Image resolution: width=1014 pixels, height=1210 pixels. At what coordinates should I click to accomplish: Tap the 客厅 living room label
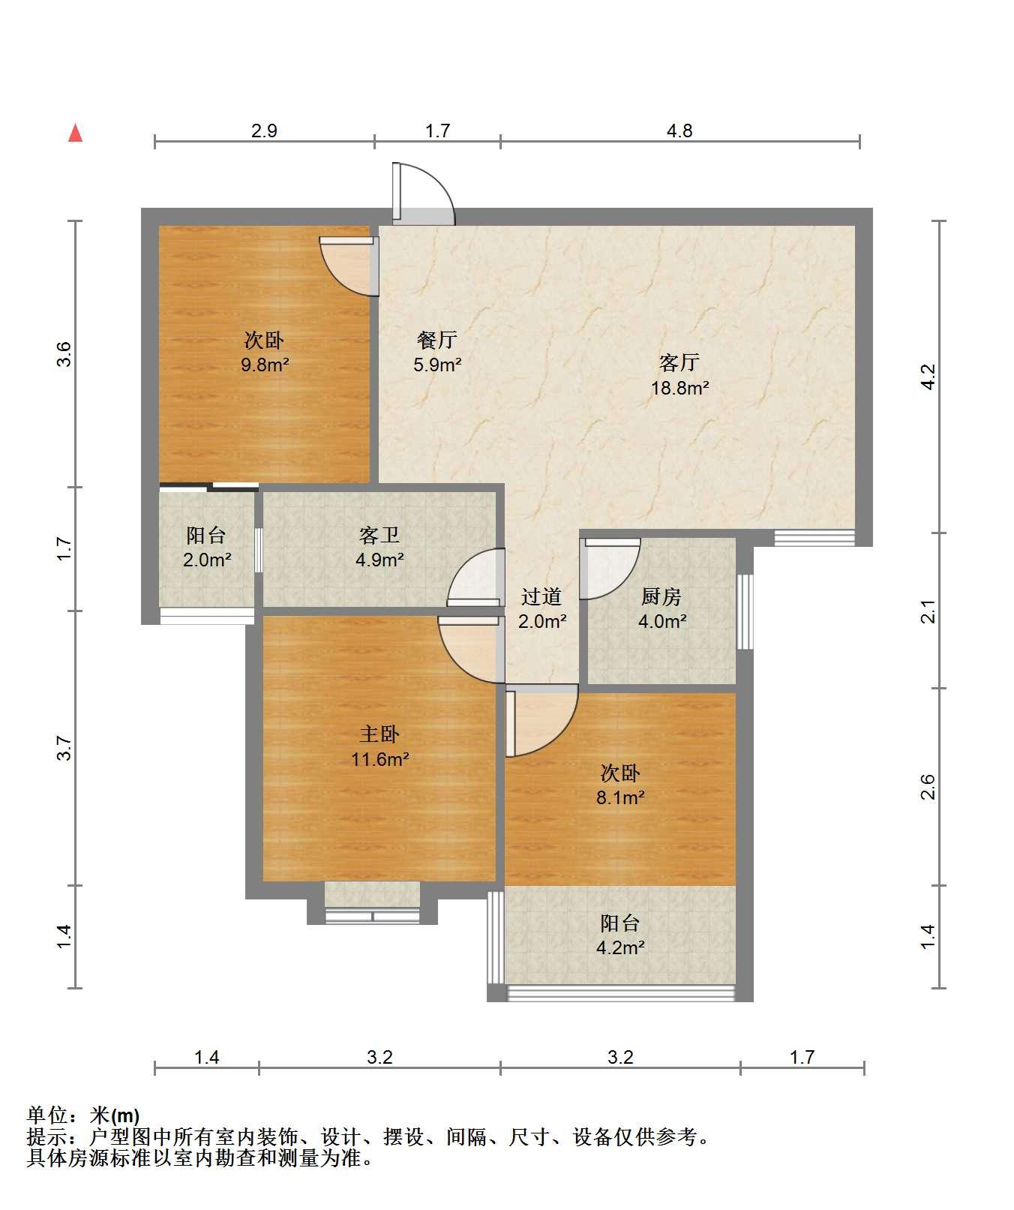click(x=679, y=363)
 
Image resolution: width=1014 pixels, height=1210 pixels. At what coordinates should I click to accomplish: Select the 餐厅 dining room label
click(x=436, y=341)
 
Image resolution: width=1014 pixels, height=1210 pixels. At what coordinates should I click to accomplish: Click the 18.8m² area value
click(x=680, y=388)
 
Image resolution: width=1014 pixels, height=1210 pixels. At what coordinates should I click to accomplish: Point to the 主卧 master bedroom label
click(x=379, y=734)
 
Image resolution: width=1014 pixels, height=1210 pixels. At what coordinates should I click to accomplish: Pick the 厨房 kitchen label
click(x=661, y=597)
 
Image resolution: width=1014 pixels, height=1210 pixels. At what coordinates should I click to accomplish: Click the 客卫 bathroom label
click(x=379, y=536)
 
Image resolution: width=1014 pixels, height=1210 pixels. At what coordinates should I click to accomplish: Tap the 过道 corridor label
click(x=541, y=597)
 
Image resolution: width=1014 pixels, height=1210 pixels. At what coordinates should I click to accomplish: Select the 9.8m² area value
click(x=264, y=365)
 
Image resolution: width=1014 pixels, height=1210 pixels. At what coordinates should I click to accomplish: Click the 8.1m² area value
click(x=620, y=797)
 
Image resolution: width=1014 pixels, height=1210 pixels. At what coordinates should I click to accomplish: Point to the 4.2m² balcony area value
click(x=620, y=947)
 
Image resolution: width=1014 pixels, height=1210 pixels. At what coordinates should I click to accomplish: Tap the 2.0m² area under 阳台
click(x=206, y=560)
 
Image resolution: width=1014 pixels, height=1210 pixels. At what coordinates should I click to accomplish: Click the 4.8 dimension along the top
click(x=679, y=131)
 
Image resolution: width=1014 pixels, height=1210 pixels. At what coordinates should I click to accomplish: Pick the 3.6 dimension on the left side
click(x=64, y=354)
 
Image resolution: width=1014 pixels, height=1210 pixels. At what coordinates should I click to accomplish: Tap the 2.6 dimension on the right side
click(x=928, y=787)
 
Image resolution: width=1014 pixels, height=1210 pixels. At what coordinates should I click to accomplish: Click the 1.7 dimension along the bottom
click(x=802, y=1057)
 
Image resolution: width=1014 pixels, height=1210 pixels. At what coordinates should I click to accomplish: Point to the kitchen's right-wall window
click(x=744, y=612)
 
